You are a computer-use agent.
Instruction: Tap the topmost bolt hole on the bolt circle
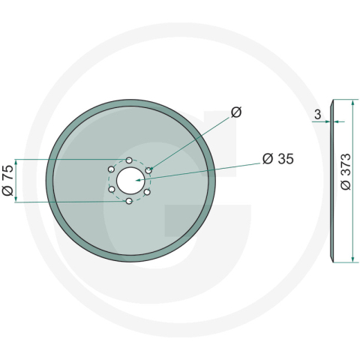pos(130,160)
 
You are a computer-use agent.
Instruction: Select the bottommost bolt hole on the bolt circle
pos(130,202)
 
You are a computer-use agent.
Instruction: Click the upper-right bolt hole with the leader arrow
pos(148,171)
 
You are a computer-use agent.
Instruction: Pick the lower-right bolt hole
pos(148,191)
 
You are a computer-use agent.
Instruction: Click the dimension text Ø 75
pos(8,181)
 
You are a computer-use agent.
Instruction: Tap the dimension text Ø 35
pos(278,159)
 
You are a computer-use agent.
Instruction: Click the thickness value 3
pos(318,115)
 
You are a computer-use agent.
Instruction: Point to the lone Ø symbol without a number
pos(236,112)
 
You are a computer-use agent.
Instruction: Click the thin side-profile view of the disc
pos(334,181)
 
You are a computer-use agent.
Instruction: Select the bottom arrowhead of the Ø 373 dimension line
pos(351,259)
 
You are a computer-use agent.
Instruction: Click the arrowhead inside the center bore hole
pos(137,180)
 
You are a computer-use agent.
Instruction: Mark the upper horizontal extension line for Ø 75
pos(67,160)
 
